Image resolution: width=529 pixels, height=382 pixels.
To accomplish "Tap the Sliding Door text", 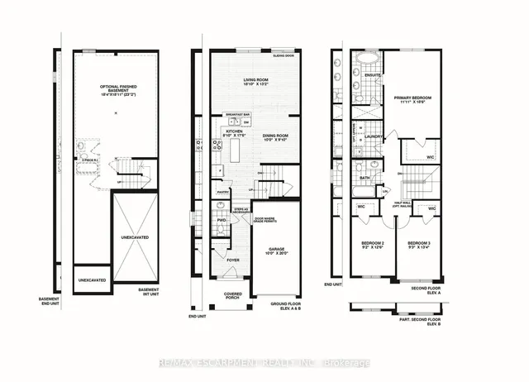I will click(x=284, y=57).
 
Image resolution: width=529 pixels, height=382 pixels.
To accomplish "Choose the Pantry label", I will click(x=222, y=192).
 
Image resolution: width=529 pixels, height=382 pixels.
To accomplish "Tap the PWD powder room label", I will click(x=222, y=220).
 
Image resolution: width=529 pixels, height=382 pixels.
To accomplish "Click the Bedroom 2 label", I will click(x=366, y=245).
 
